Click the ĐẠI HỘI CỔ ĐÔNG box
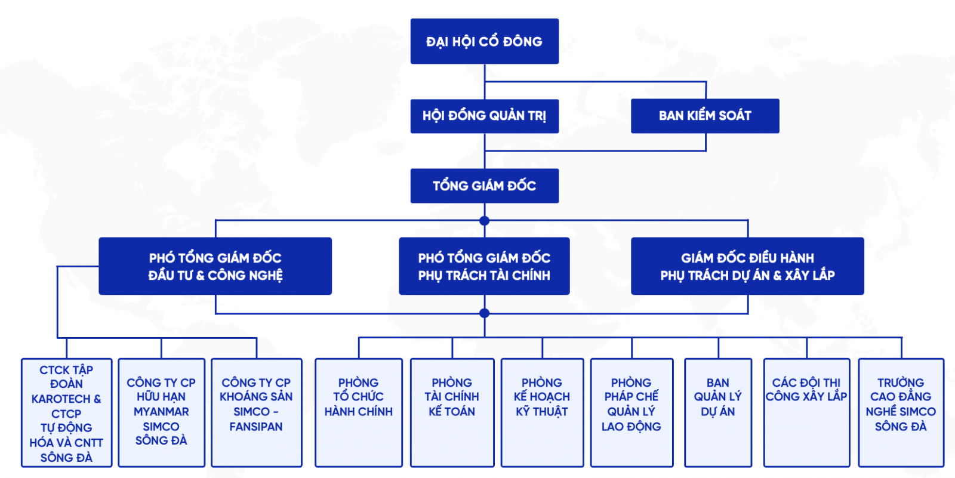484,41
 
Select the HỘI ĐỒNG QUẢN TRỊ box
484,116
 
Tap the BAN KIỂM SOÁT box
704,116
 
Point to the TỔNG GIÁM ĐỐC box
484,186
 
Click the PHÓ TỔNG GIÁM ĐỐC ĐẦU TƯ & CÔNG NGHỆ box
215,266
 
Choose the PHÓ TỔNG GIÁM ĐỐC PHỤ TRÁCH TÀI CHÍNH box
484,266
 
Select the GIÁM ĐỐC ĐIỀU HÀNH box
747,266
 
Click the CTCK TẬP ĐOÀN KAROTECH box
66,412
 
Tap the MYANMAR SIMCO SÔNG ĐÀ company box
161,412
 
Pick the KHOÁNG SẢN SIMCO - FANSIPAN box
257,412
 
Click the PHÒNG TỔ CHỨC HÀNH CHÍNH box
358,412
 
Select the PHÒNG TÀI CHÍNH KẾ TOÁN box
452,412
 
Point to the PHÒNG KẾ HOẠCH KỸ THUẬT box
542,412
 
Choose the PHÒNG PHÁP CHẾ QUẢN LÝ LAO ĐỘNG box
631,412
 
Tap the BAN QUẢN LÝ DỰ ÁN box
717,412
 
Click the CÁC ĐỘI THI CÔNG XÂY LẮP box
806,412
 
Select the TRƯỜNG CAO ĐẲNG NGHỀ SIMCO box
901,412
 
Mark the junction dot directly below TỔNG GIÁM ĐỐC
484,221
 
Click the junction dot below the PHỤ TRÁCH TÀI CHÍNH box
484,313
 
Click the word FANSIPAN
256,427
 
